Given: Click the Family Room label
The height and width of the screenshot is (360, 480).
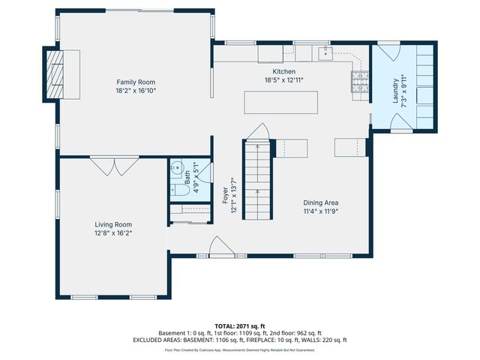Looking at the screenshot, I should coord(135,82).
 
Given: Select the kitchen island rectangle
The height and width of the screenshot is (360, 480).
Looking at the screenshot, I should coord(280,101).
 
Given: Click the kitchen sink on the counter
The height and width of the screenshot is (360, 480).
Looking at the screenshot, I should coord(324,52).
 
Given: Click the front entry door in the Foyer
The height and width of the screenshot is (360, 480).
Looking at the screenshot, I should coord(220,247).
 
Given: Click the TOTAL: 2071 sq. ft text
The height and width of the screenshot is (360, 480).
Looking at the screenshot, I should coord(240,326).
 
